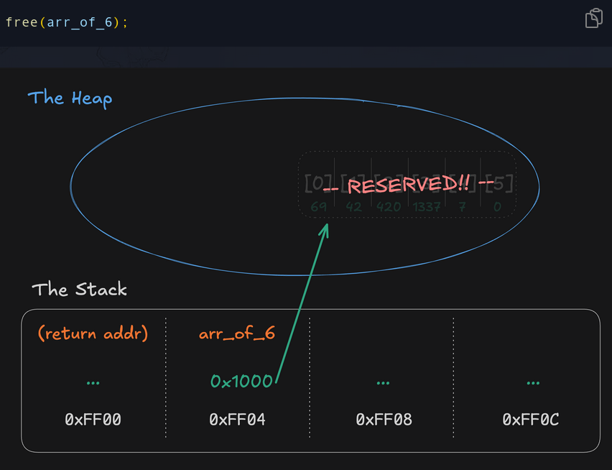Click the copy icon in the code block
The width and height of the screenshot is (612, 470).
[x=593, y=18]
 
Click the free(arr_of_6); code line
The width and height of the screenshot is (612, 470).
[x=66, y=22]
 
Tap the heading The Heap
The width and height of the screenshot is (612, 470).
[x=70, y=98]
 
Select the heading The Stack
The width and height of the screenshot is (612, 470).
[x=79, y=290]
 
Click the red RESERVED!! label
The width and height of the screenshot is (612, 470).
[x=409, y=185]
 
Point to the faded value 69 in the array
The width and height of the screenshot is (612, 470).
[x=319, y=207]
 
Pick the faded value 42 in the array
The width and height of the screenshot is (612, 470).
[x=354, y=207]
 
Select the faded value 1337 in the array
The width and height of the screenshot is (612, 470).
[x=427, y=207]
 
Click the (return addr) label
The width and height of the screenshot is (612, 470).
[x=93, y=333]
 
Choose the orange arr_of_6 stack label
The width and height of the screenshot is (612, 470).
[x=237, y=333]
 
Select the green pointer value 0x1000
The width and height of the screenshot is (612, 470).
[x=241, y=382]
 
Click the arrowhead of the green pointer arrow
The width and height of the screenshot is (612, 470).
[x=327, y=227]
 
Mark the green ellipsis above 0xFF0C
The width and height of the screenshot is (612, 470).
[x=533, y=382]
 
